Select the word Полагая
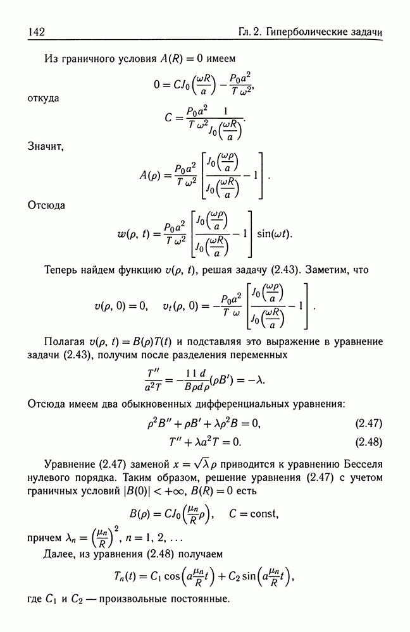(x=66, y=342)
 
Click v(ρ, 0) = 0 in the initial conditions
(x=121, y=306)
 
